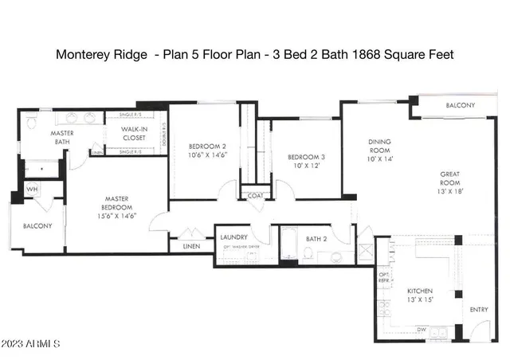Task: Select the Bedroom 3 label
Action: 306,162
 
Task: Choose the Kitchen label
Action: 420,296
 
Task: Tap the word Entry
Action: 479,309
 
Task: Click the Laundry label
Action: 233,237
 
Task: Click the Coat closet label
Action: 255,195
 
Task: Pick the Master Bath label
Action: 62,138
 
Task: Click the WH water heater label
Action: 32,190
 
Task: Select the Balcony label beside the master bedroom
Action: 37,225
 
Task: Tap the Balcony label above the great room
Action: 459,106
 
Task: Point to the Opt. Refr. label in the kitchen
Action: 385,276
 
